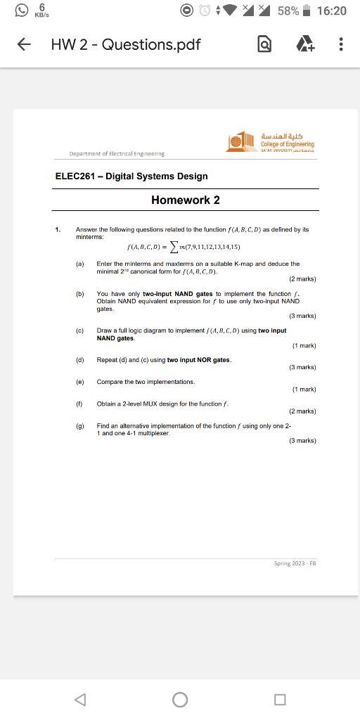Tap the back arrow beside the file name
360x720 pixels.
(x=24, y=45)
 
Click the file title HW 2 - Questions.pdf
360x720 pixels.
(x=126, y=45)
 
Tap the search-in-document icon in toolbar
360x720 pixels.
(x=265, y=45)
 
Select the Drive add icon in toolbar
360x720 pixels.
(x=304, y=45)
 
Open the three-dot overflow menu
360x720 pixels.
(x=341, y=45)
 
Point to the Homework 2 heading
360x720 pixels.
(x=186, y=200)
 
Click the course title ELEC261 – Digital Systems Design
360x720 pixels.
(x=131, y=176)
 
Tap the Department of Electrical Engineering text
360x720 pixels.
(x=117, y=153)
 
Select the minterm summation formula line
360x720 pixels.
(x=184, y=247)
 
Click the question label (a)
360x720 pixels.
(x=80, y=264)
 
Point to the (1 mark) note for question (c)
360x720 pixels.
(x=303, y=345)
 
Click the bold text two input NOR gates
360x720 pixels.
(x=199, y=360)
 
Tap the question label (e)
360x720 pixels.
(x=80, y=381)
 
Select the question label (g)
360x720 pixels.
(x=80, y=425)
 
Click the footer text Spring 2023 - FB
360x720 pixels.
(x=295, y=563)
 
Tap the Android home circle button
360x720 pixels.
(x=180, y=699)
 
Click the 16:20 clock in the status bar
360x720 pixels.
(x=332, y=11)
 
